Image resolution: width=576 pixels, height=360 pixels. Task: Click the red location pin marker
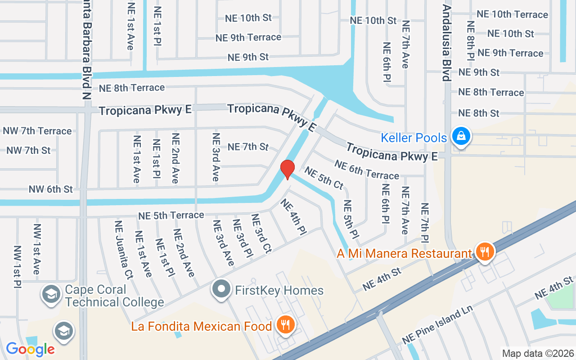(x=288, y=170)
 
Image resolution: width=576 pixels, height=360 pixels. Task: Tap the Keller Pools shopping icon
(x=461, y=135)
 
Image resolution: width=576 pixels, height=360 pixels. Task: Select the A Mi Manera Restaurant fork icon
(x=484, y=252)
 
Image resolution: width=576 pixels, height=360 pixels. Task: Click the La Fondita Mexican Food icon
(x=285, y=324)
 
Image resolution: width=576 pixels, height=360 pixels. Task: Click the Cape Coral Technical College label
(x=114, y=295)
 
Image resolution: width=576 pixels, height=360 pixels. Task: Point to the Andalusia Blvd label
(x=446, y=43)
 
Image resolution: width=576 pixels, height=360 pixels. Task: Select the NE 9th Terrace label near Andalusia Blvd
(x=510, y=53)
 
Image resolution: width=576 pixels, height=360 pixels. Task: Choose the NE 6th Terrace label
(x=367, y=169)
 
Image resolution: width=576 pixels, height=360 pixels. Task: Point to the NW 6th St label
(x=51, y=189)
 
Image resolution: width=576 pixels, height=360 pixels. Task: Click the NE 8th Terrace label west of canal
(x=132, y=88)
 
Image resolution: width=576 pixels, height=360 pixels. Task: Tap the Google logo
(x=30, y=349)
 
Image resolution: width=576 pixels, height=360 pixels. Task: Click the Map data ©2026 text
(x=538, y=353)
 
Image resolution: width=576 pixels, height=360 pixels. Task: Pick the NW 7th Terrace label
(x=37, y=131)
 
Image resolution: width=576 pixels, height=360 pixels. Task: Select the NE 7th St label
(x=248, y=147)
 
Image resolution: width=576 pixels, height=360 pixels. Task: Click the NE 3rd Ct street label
(x=261, y=234)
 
